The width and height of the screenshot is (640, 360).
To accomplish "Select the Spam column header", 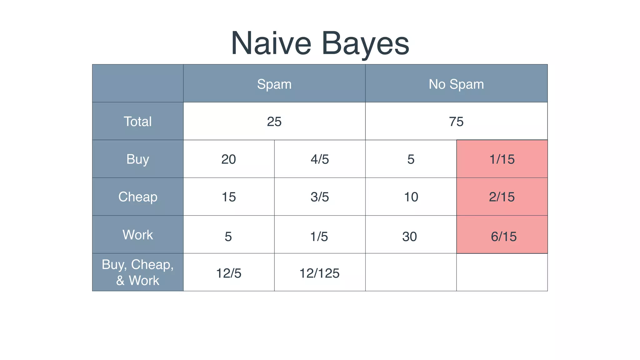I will tap(274, 84).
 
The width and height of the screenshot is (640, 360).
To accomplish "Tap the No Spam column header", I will tap(456, 84).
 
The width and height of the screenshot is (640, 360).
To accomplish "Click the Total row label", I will tap(137, 121).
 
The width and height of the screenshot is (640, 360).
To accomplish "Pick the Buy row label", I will tap(137, 159).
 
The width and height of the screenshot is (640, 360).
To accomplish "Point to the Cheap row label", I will tap(137, 197).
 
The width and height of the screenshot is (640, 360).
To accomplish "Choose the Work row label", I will tap(137, 235).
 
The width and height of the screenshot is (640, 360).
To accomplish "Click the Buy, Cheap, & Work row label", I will tap(137, 272).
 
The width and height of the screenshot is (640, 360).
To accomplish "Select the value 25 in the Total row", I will tap(274, 122).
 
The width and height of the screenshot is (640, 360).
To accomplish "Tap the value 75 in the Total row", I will tap(456, 122).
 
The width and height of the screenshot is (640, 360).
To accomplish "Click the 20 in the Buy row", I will tap(228, 159).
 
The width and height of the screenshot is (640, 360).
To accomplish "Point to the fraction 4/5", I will tap(320, 159).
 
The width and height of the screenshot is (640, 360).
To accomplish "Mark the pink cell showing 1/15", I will tap(502, 159).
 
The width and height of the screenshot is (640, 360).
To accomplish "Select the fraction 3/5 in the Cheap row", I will tap(320, 197).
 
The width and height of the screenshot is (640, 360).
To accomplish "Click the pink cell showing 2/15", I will tap(502, 197).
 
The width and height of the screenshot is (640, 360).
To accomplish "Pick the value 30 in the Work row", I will tap(409, 237).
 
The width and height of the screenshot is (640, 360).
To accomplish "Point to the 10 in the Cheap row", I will tap(411, 197).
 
